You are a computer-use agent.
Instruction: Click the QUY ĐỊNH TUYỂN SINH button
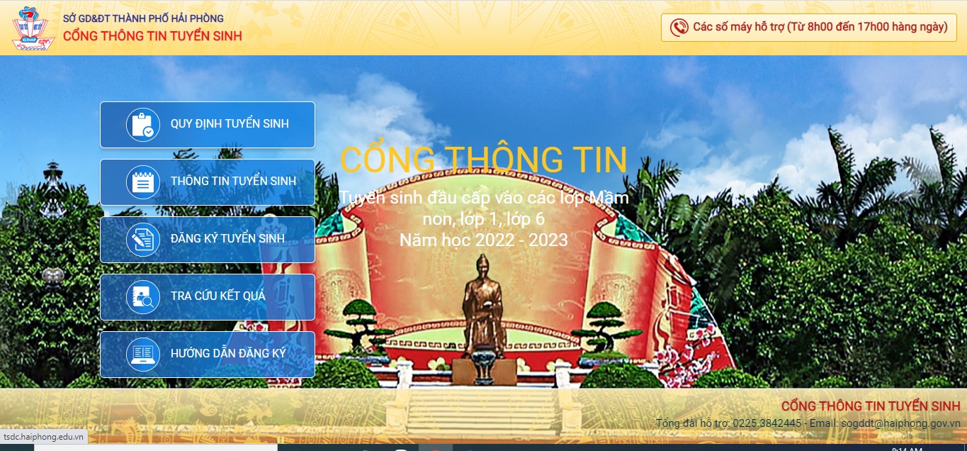point(207,124)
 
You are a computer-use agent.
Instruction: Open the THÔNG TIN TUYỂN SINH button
point(207,182)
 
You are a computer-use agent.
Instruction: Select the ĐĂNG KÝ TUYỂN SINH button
point(207,239)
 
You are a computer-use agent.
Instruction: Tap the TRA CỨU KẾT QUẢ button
point(207,297)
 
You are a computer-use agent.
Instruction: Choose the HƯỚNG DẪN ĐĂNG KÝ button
point(207,355)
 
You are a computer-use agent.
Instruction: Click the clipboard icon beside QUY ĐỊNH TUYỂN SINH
point(143,124)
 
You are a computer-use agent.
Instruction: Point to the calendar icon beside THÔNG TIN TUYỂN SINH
point(143,182)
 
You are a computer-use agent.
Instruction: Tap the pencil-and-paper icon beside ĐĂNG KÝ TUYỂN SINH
point(143,239)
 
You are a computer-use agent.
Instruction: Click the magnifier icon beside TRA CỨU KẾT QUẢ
point(143,297)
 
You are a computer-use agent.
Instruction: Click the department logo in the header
point(33,28)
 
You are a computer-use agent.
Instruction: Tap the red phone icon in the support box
point(679,28)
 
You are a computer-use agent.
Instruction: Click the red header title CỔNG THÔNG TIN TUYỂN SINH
point(152,36)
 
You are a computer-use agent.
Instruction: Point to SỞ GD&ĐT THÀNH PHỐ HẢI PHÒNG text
point(143,18)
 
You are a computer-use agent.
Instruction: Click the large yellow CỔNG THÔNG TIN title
point(483,159)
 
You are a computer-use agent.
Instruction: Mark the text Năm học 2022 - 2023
point(483,240)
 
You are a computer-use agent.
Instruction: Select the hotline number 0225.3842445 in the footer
point(767,423)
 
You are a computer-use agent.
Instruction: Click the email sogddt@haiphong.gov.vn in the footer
point(901,423)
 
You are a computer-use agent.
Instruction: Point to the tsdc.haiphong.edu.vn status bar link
point(43,437)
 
